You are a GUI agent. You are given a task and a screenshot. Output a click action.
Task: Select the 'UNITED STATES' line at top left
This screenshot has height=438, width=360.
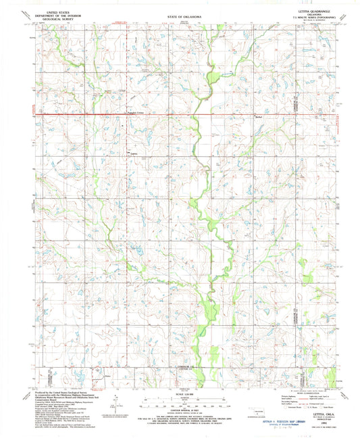click(x=57, y=10)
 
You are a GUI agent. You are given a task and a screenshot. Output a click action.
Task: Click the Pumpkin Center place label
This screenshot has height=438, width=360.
click(x=137, y=112)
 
